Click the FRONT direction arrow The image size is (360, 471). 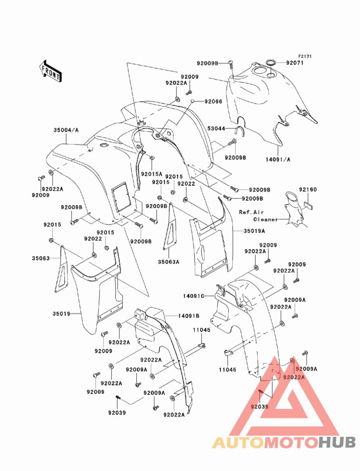[50, 71]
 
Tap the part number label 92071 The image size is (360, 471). [294, 63]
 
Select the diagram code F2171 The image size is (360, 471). [305, 56]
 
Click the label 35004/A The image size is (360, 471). [66, 130]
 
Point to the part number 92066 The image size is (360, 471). [213, 102]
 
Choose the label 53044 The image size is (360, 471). [216, 129]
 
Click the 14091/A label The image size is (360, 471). [278, 160]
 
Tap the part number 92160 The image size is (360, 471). [308, 189]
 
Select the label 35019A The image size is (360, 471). [254, 231]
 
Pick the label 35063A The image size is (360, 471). [169, 262]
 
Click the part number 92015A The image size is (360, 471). [152, 174]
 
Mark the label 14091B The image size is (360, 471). [189, 316]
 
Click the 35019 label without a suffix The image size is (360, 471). [61, 314]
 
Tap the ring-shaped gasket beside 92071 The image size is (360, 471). [271, 63]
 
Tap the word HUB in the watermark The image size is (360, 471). [337, 442]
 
